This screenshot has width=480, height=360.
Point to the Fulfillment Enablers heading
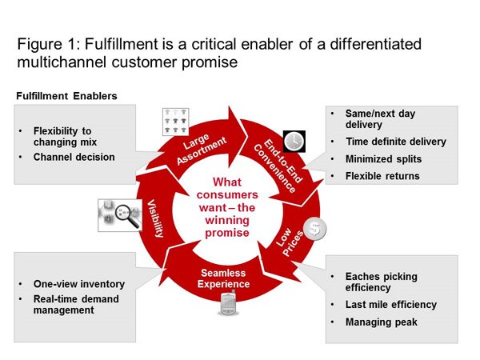coord(66,96)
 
